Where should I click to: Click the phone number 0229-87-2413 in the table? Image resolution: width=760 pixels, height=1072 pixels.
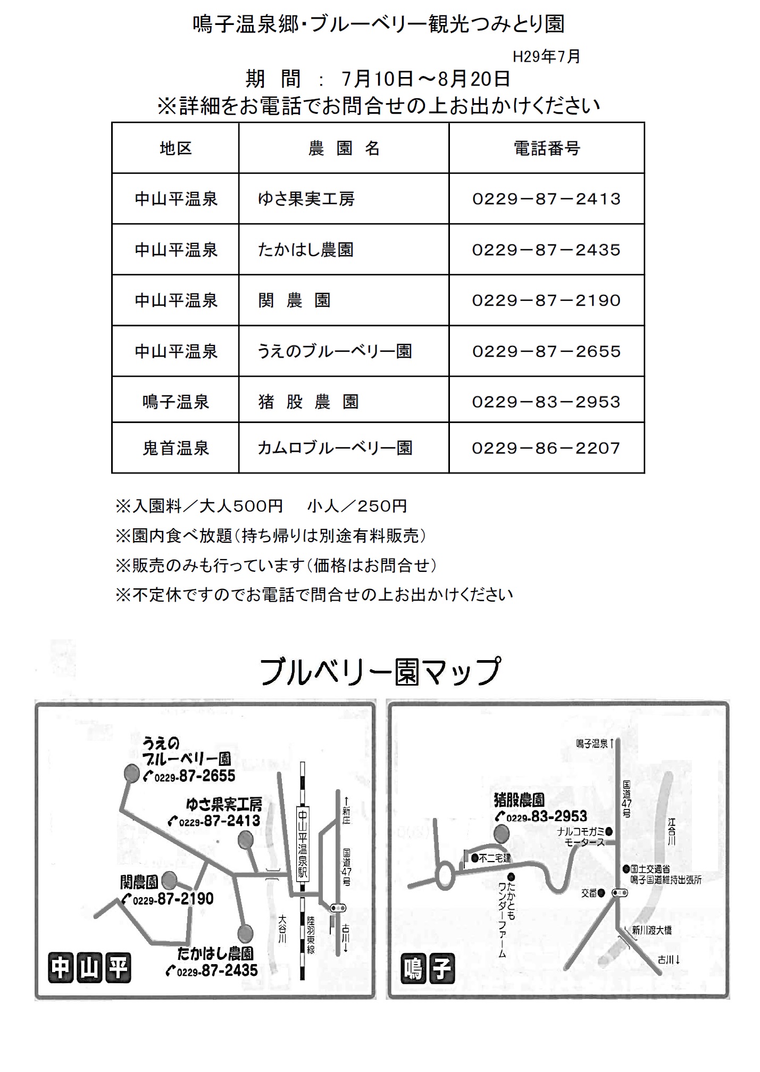[x=546, y=199]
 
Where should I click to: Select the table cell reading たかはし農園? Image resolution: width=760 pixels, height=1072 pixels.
[x=306, y=250]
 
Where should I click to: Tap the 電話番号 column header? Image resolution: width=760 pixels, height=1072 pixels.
[x=546, y=148]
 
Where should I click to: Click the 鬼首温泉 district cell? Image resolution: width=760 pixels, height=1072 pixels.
[x=176, y=448]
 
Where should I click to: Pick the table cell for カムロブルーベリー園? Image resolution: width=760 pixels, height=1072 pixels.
[x=335, y=448]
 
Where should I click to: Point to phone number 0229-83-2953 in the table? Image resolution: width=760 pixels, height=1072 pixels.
[x=546, y=402]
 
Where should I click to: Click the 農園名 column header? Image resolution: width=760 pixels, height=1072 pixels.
[x=344, y=148]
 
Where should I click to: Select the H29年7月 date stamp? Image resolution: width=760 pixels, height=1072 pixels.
[x=546, y=56]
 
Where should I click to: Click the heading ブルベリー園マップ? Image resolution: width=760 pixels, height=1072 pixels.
[x=380, y=672]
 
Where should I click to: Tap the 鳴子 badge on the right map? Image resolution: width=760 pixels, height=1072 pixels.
[x=427, y=968]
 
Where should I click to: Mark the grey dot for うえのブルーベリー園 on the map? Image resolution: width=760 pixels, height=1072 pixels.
[x=130, y=774]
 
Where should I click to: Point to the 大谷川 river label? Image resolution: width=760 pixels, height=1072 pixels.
[x=282, y=928]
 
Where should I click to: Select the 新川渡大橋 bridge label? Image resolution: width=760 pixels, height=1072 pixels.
[x=652, y=930]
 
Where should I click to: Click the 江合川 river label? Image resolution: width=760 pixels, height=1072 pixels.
[x=672, y=832]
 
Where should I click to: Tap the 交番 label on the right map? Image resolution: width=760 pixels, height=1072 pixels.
[x=589, y=893]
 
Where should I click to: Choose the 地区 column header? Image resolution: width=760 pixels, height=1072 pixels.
[x=176, y=148]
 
